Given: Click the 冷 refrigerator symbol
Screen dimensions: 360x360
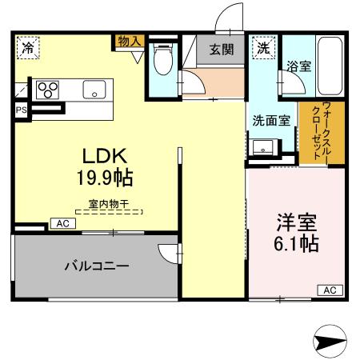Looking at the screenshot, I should coord(28,46).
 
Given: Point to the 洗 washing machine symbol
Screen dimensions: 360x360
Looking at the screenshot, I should coord(262,47).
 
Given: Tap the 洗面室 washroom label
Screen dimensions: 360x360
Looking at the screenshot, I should coord(271,122).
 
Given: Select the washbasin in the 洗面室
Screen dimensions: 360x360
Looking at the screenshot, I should coord(263,147).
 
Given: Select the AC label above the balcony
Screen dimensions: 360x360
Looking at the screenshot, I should coord(62,224).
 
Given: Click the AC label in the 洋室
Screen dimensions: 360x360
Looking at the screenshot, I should coord(329,290).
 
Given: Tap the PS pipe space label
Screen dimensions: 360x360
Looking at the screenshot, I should coord(18,110).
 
